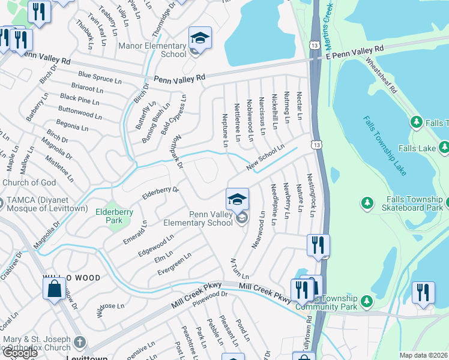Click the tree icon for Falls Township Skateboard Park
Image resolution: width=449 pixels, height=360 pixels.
[367, 203]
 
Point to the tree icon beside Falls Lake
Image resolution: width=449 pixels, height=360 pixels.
[444, 146]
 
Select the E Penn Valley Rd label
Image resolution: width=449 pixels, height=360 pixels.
[354, 52]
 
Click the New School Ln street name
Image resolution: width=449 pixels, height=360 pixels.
[264, 157]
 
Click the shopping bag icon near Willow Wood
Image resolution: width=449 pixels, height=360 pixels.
[54, 289]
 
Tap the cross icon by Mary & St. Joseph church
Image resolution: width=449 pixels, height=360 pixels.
[79, 344]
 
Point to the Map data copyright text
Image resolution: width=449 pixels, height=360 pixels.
[424, 355]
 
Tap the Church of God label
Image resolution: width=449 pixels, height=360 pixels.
[29, 183]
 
